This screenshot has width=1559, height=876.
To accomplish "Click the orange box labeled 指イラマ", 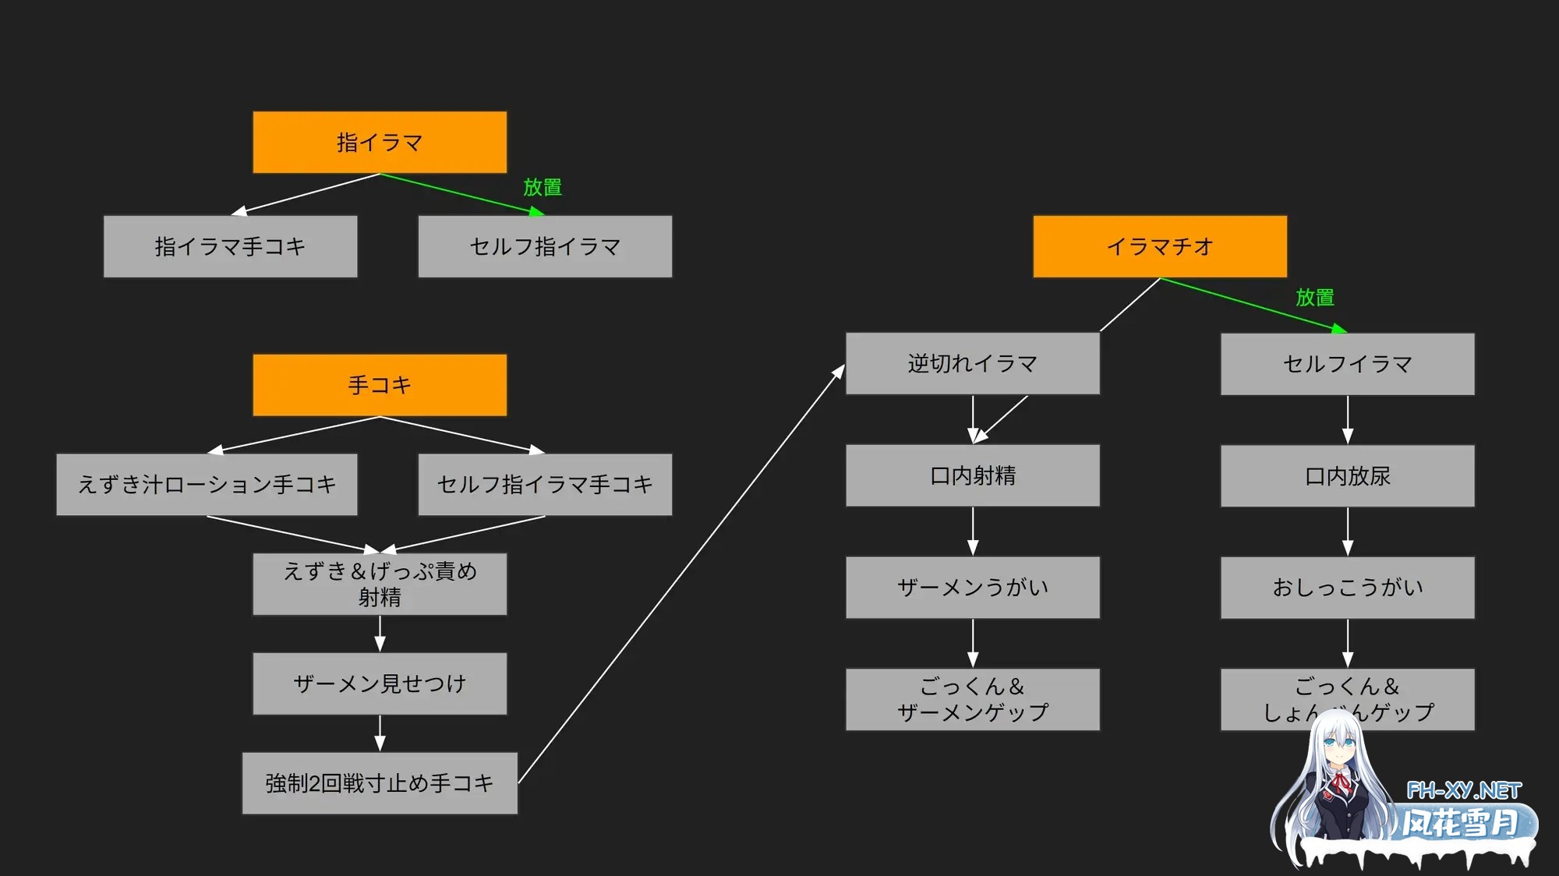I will tap(380, 142).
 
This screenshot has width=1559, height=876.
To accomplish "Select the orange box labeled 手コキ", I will tap(380, 385).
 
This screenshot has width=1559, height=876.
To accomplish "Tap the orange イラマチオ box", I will tap(1160, 246).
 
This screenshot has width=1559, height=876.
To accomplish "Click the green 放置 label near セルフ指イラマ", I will tap(543, 187).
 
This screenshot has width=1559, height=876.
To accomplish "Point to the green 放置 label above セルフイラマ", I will tap(1315, 297).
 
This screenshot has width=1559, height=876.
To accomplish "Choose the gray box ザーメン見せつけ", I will tap(380, 683).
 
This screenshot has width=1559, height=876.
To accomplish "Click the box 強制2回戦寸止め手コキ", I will tap(380, 783).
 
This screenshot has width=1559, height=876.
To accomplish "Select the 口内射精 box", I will tap(973, 475).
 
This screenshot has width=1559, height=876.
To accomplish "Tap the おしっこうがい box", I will tap(1348, 588).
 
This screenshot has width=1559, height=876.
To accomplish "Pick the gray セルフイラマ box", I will tap(1348, 364).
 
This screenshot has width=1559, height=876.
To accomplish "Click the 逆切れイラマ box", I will tap(973, 363).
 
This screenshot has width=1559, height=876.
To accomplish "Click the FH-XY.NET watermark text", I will tap(1463, 791).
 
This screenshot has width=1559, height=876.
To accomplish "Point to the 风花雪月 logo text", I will tap(1461, 823).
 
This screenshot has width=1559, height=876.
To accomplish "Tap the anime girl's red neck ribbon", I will tap(1341, 782).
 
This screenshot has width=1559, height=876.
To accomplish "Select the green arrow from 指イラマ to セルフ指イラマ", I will tap(460, 193).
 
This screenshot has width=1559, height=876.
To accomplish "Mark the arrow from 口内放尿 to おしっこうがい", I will tap(1348, 532).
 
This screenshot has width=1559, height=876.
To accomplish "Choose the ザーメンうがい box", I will tap(973, 588).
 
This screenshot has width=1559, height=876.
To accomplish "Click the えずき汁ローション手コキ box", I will tap(207, 484).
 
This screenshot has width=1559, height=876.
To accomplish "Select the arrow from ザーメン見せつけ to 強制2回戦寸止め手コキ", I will tap(380, 733).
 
